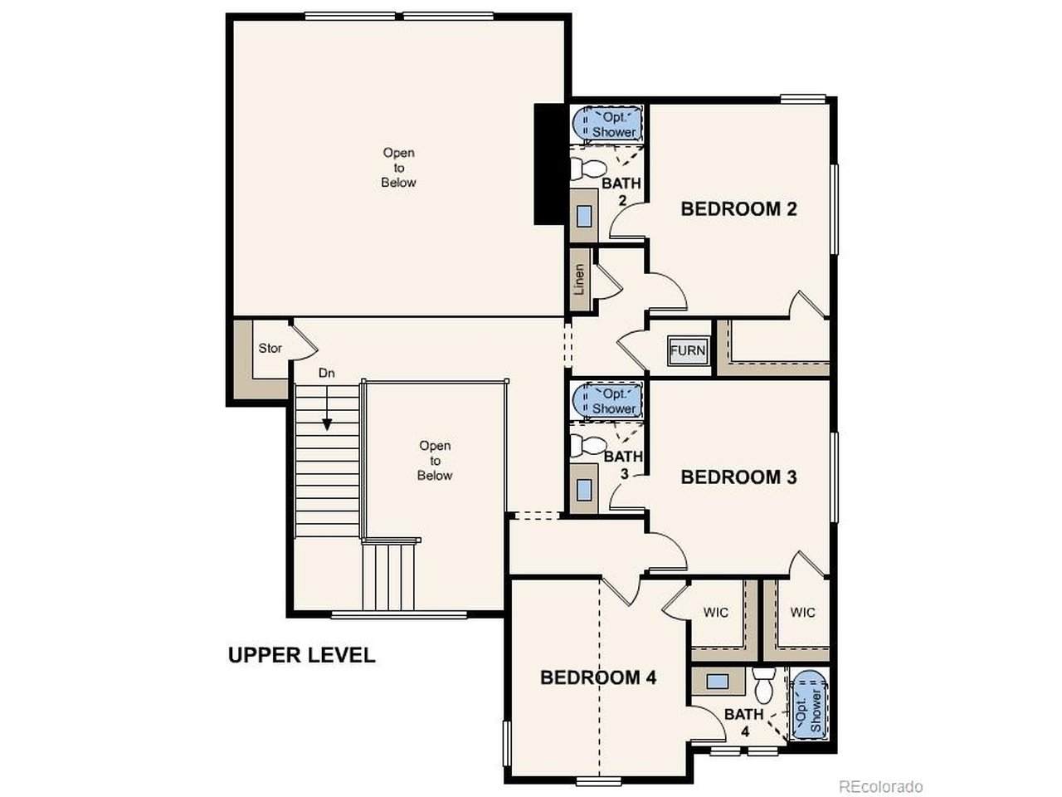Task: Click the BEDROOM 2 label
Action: tap(738, 209)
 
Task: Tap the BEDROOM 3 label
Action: tap(738, 477)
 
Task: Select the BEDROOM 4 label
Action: tap(598, 677)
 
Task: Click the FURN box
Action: tap(688, 350)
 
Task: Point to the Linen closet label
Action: tap(579, 279)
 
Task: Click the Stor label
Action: tap(270, 348)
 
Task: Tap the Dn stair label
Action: tap(327, 373)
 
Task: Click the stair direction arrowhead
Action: tap(327, 424)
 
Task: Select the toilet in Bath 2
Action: tap(587, 168)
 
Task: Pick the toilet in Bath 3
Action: tap(587, 445)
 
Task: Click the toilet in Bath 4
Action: tap(764, 686)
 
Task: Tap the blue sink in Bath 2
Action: tap(584, 216)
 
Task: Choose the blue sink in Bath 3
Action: tap(584, 490)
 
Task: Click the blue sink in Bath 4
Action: tap(717, 682)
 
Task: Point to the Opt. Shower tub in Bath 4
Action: tap(810, 705)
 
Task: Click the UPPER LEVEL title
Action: tap(301, 655)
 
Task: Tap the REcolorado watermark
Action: tap(880, 786)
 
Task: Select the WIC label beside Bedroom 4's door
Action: tap(715, 613)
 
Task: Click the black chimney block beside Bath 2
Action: tap(549, 164)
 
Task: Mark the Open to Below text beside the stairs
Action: tap(435, 460)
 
